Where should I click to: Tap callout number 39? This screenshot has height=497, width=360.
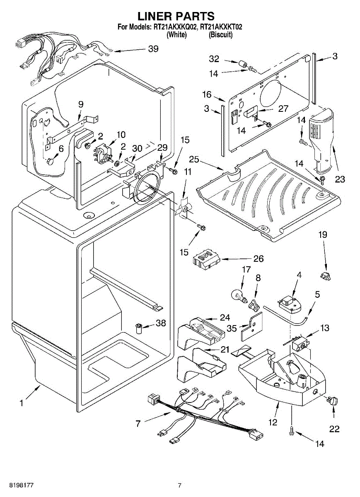153,49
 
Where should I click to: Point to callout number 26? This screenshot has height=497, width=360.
259,259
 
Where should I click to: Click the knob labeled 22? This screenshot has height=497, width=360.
333,400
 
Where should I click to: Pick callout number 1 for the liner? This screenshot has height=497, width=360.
21,403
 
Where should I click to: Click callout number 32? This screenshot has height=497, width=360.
214,59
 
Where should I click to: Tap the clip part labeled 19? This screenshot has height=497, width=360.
326,274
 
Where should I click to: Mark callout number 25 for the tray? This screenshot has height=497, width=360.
194,159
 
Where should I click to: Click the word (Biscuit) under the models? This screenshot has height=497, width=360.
221,35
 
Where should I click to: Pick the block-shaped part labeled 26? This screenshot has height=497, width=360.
206,259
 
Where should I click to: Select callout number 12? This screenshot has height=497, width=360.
273,422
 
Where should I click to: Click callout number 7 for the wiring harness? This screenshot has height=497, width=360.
138,423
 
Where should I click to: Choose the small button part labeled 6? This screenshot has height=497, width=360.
51,161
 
